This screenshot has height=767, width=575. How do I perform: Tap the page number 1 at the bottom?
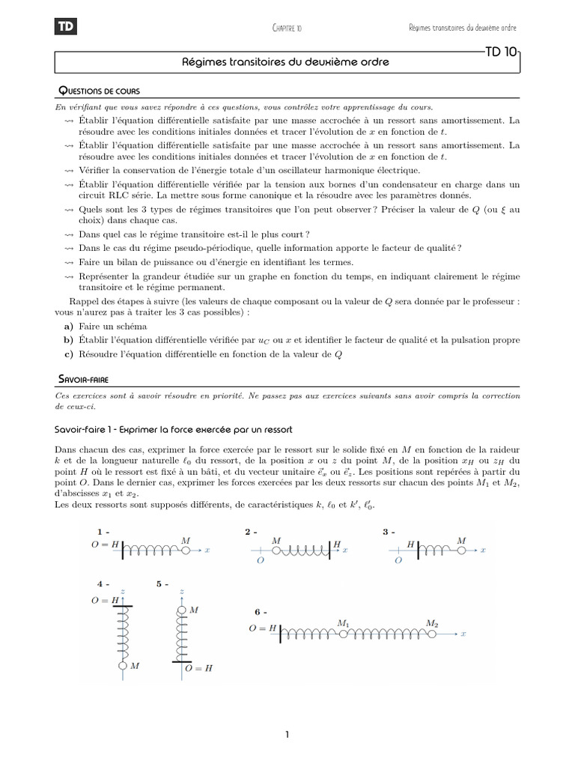(x=287, y=735)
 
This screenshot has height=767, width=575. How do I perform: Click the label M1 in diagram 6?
(x=344, y=622)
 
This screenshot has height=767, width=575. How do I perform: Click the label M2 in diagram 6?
(x=432, y=622)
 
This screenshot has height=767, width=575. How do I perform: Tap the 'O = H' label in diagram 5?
(x=198, y=667)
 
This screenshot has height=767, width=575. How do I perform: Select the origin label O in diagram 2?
(x=260, y=560)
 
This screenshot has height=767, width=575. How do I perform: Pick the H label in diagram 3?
(x=410, y=541)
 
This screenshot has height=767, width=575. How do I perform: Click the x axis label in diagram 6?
(x=464, y=634)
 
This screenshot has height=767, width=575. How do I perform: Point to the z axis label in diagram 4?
(x=121, y=591)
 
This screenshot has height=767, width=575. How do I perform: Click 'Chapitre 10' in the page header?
(x=287, y=28)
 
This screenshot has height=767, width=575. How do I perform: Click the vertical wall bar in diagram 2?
(x=329, y=550)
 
